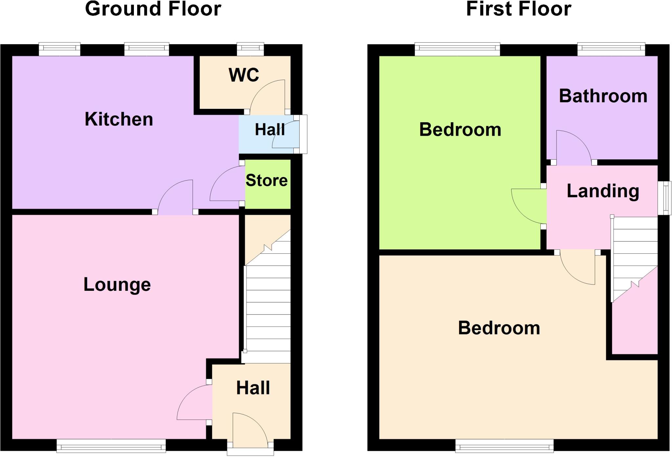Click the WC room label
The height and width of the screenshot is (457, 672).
click(244, 75)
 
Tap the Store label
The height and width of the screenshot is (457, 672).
click(266, 180)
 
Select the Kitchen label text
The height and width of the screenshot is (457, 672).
click(119, 119)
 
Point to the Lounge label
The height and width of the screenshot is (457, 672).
click(117, 284)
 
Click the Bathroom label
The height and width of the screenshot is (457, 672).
click(603, 96)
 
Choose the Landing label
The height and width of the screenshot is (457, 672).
click(603, 191)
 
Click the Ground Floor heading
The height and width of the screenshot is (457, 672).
click(153, 9)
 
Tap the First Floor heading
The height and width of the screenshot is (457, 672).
click(519, 9)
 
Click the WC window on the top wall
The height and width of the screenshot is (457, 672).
click(250, 50)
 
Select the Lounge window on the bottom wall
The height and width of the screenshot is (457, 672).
click(111, 446)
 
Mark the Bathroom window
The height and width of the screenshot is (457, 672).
click(611, 50)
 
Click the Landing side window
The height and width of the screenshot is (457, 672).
click(665, 198)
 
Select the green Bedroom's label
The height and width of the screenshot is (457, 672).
click(460, 129)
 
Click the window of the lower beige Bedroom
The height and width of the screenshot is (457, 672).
click(504, 446)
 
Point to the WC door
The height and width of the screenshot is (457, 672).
click(267, 97)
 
